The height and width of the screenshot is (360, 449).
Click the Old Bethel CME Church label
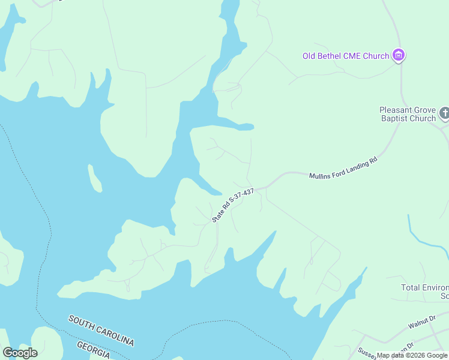point(345,56)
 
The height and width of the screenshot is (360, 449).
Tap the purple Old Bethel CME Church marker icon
point(398,56)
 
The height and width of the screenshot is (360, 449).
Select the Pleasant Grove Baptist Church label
point(408,114)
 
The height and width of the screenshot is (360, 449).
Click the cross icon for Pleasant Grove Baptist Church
point(444,112)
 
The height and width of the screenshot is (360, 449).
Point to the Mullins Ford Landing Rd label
point(343,169)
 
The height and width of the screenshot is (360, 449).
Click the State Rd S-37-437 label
point(234,205)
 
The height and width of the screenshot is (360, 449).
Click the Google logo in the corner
point(20,353)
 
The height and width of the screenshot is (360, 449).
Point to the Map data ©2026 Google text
point(412,355)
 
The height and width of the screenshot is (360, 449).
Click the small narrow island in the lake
point(94,178)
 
